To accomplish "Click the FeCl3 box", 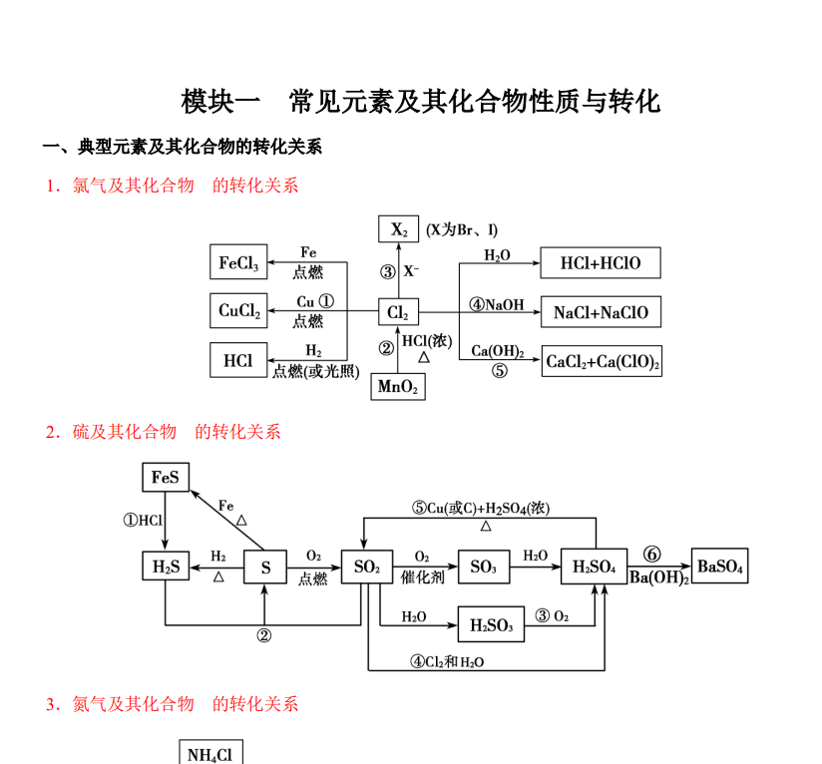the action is click(238, 261).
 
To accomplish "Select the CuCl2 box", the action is click(238, 311).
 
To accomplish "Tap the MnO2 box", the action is click(398, 387).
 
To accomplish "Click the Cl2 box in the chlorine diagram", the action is click(398, 312).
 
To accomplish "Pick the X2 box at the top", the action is click(398, 228).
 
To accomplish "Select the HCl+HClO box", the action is click(601, 262).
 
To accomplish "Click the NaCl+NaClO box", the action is click(601, 312).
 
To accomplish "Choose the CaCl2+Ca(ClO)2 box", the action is click(602, 361).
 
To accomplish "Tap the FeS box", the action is click(166, 477).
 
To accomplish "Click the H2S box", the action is click(166, 566).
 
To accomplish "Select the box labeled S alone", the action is click(265, 567).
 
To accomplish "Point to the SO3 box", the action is click(484, 567).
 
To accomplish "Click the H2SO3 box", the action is click(491, 624).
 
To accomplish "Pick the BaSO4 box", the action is click(720, 566).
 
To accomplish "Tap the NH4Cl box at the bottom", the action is click(210, 752).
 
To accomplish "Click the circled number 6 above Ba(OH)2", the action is click(651, 554).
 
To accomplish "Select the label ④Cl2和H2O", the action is click(447, 662).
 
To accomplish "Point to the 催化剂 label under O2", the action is click(423, 577).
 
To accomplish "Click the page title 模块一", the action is click(220, 101).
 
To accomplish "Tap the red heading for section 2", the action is click(163, 432).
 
